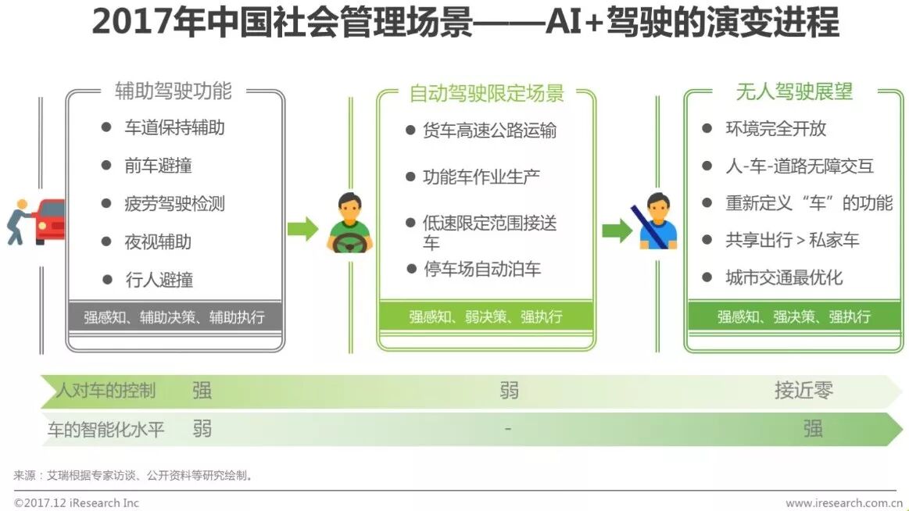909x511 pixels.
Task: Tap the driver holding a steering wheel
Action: click(349, 224)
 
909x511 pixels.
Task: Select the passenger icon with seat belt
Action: click(657, 222)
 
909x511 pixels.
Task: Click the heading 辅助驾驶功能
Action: click(174, 91)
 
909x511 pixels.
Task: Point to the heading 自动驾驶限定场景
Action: click(486, 94)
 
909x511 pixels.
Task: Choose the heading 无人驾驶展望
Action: click(793, 91)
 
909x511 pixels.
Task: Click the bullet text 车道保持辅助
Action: click(174, 127)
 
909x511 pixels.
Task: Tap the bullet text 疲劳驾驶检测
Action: click(174, 204)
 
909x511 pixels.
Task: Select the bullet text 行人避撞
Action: click(159, 280)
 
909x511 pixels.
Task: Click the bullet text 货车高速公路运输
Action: click(490, 130)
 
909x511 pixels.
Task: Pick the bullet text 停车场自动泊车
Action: click(482, 270)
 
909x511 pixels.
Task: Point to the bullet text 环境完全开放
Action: click(775, 128)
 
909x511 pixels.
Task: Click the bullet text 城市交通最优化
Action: click(784, 277)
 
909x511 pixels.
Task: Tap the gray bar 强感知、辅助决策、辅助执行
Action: click(174, 317)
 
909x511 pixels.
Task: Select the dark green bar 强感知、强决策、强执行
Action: click(793, 316)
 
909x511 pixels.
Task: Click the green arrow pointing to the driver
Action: click(302, 229)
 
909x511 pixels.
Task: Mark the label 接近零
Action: click(803, 391)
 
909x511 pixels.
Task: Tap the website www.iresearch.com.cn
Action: click(844, 503)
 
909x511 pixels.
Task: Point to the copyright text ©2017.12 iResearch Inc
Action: click(77, 503)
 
